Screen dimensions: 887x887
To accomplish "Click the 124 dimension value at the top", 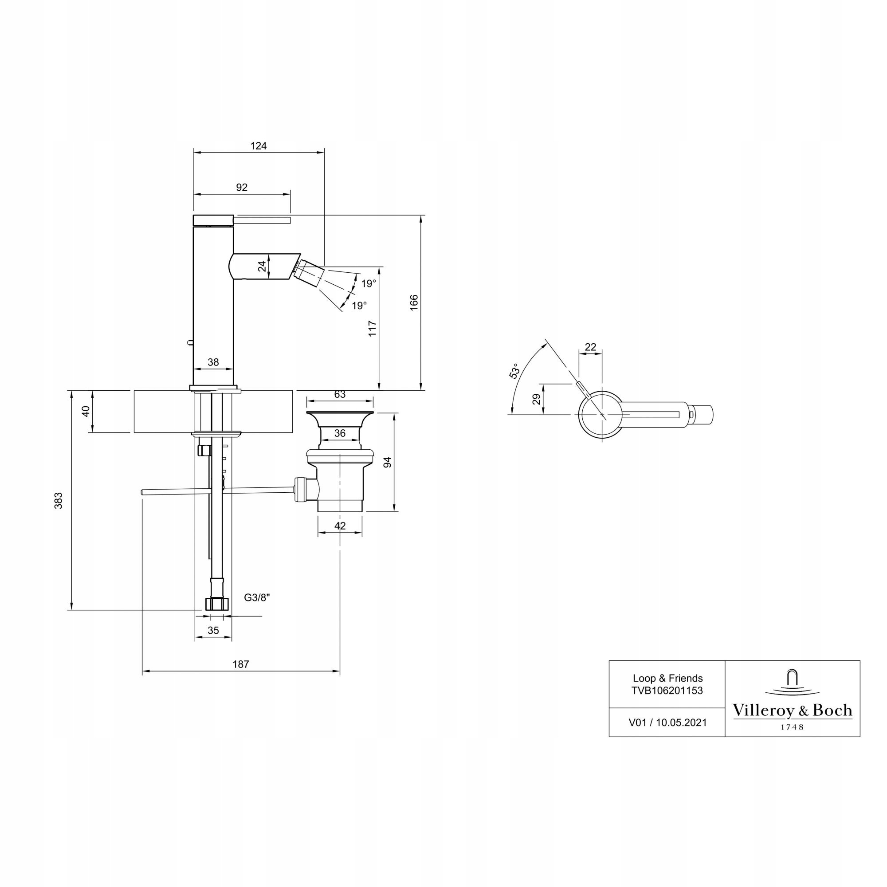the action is click(x=259, y=146).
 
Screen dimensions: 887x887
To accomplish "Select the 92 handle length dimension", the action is click(x=242, y=187).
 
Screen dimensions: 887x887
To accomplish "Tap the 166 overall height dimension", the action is click(x=414, y=302).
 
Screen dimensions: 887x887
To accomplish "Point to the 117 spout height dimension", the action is click(x=373, y=329).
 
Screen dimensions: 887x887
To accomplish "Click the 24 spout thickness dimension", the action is click(x=262, y=266).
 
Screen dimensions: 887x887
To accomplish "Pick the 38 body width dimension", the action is click(x=213, y=362).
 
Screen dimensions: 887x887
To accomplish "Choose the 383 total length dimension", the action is click(x=58, y=500).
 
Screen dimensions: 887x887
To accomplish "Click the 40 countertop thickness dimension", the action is click(x=86, y=411).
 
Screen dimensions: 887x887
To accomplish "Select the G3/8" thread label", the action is click(x=257, y=598).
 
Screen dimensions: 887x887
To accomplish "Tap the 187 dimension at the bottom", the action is click(x=240, y=664).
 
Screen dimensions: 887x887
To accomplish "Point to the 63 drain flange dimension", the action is click(x=340, y=394).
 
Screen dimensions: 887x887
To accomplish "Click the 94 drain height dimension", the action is click(x=388, y=462).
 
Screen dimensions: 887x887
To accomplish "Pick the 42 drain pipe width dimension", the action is click(x=340, y=526).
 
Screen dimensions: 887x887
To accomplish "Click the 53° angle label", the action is click(x=514, y=371).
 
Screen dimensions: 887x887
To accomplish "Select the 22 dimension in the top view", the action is click(x=590, y=347).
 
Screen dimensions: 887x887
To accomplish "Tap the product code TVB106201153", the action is click(x=667, y=691).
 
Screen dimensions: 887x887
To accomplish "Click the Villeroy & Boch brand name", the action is click(x=793, y=710).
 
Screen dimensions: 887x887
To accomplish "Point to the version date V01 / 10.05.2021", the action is click(x=667, y=722).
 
